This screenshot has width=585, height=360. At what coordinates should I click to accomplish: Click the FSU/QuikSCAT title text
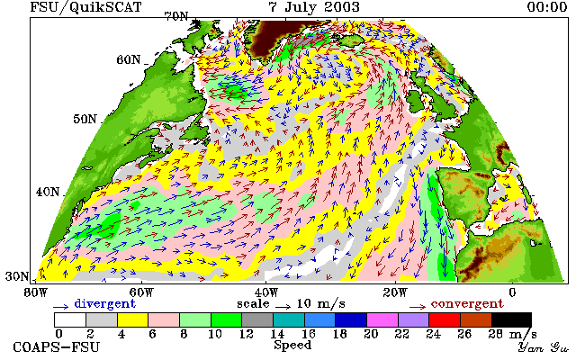[85, 7]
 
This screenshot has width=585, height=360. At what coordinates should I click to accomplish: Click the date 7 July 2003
[314, 7]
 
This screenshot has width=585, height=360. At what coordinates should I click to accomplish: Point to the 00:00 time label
[547, 7]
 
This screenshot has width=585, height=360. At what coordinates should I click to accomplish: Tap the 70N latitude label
[176, 16]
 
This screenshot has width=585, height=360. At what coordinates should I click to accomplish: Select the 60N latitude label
[129, 59]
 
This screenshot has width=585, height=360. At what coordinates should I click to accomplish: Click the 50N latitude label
[85, 119]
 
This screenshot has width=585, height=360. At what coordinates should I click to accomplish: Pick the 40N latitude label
[48, 192]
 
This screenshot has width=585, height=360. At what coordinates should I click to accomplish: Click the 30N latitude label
[17, 276]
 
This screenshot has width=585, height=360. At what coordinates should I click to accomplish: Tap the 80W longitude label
[36, 292]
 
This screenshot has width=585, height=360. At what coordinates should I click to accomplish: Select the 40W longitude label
[265, 292]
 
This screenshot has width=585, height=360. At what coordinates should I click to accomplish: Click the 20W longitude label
[395, 292]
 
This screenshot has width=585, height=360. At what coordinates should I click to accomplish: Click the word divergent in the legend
[104, 304]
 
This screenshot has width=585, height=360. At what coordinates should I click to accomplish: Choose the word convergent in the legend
[467, 304]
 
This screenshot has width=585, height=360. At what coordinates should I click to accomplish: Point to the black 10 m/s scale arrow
[283, 307]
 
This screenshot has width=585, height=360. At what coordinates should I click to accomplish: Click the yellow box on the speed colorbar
[132, 320]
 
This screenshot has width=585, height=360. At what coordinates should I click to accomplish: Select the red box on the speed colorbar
[445, 320]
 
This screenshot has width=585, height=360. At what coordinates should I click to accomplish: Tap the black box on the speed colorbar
[511, 320]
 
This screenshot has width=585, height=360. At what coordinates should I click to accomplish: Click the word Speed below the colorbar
[292, 345]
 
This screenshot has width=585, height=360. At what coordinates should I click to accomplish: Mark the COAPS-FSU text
[57, 347]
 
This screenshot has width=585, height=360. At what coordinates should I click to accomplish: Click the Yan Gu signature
[544, 347]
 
